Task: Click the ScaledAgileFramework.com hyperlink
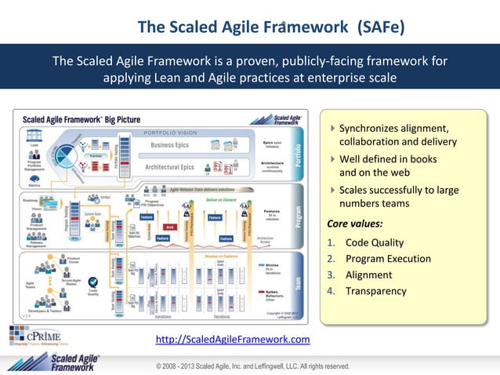234,340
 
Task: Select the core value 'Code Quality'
375,242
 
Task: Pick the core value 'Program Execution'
388,259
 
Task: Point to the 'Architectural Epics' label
170,167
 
